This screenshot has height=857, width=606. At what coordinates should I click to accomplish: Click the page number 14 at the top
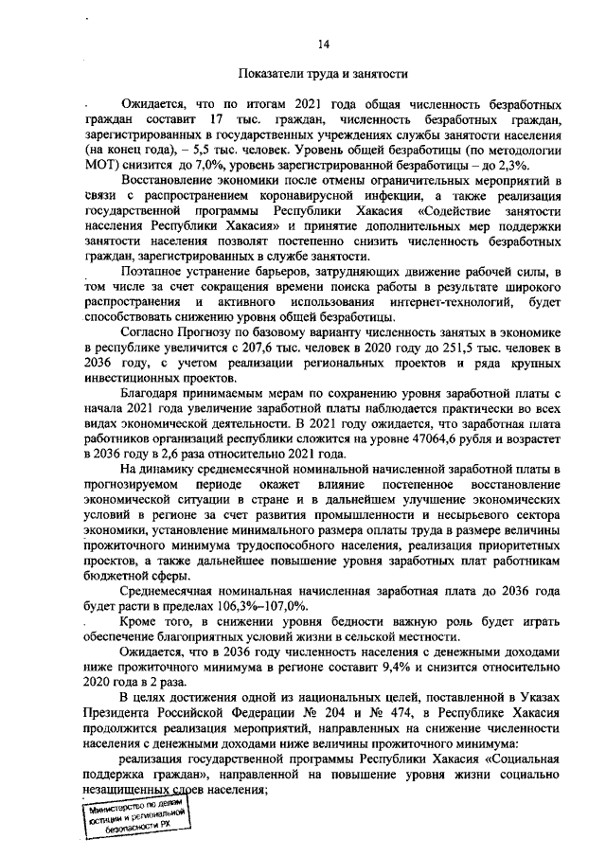click(x=323, y=44)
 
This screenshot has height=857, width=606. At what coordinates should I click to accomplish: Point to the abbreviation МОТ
click(x=100, y=166)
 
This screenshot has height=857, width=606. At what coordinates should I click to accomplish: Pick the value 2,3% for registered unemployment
click(x=541, y=166)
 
